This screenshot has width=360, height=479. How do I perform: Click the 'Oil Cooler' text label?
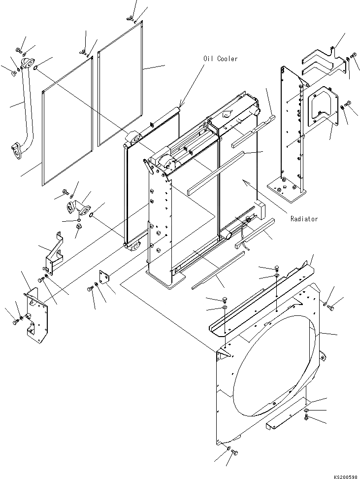(x=220, y=59)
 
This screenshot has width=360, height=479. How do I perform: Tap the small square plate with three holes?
(x=104, y=277)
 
